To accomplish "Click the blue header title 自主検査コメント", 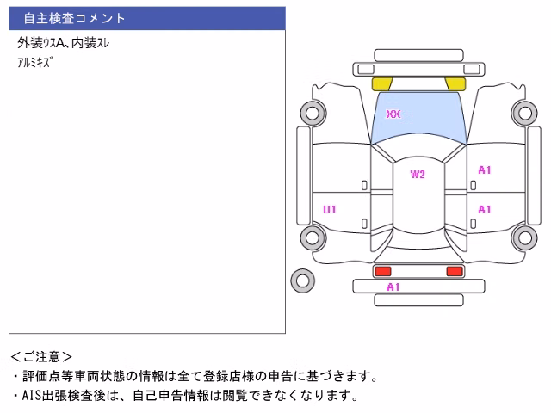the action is click(74, 18).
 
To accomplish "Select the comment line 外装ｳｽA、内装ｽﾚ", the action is click(63, 43).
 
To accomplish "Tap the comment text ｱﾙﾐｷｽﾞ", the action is click(35, 63).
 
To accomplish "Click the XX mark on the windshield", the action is click(393, 114).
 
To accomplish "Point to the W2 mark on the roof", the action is click(418, 174).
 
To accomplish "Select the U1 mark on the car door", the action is click(330, 210).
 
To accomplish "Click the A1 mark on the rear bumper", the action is click(393, 287).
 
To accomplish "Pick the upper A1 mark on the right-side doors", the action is click(485, 170).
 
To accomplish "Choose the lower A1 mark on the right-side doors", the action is click(485, 210).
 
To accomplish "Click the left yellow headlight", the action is click(381, 84).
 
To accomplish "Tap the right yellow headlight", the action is click(455, 84).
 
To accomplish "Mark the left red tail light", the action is click(382, 271).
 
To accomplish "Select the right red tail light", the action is click(455, 271).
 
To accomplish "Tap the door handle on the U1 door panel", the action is click(364, 224).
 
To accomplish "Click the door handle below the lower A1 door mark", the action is click(474, 224).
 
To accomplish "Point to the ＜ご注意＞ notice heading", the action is click(41, 357).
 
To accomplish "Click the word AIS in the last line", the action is click(32, 396).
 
